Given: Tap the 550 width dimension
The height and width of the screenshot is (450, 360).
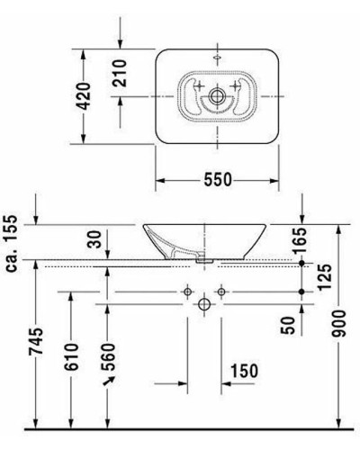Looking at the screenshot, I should pyautogui.click(x=217, y=179).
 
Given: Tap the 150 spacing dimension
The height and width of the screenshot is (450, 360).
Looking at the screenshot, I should pyautogui.click(x=244, y=371).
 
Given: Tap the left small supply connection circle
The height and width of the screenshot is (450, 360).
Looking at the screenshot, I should pyautogui.click(x=187, y=292).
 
